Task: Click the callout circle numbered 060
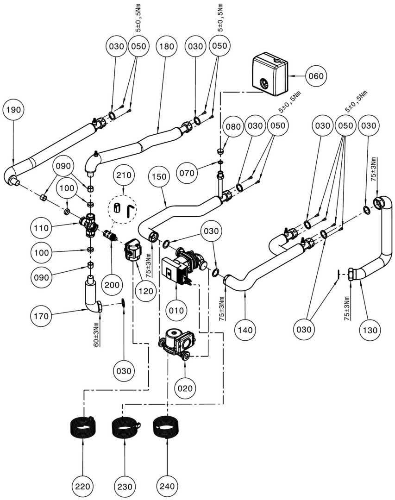pyautogui.click(x=316, y=75)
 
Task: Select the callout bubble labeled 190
pyautogui.click(x=13, y=110)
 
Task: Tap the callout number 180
pyautogui.click(x=166, y=47)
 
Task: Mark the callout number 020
pyautogui.click(x=185, y=388)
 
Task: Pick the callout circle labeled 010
pyautogui.click(x=177, y=310)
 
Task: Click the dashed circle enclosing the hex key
pyautogui.click(x=124, y=211)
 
